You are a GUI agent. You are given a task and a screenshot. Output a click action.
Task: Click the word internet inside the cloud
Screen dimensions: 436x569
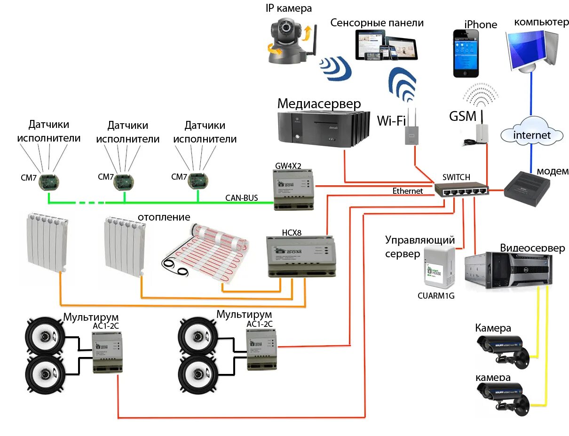[531, 135]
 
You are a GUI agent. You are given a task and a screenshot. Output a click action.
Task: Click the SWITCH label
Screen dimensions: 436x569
[456, 177]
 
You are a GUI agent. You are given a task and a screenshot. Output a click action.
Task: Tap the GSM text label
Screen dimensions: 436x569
[463, 116]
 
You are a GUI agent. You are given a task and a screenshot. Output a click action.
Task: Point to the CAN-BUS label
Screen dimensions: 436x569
[241, 198]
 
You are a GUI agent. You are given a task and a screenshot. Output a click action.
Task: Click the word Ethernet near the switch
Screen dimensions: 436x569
[408, 191]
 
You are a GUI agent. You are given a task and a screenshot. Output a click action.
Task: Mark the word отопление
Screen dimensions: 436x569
[164, 217]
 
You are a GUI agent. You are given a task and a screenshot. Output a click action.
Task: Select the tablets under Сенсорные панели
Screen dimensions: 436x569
[386, 45]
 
